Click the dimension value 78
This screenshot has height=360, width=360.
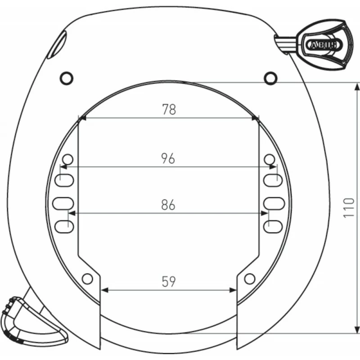[169, 109]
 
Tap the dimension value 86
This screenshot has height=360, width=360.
[168, 205]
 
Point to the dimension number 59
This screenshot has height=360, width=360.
[168, 282]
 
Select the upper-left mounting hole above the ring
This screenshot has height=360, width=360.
[66, 78]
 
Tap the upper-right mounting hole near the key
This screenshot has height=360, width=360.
[270, 78]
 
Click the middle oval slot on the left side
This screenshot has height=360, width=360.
[62, 203]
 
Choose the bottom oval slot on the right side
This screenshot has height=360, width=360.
[273, 227]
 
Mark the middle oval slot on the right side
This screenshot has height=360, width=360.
[274, 203]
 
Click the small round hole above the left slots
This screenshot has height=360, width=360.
[67, 159]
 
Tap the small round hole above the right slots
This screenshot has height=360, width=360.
[269, 159]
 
